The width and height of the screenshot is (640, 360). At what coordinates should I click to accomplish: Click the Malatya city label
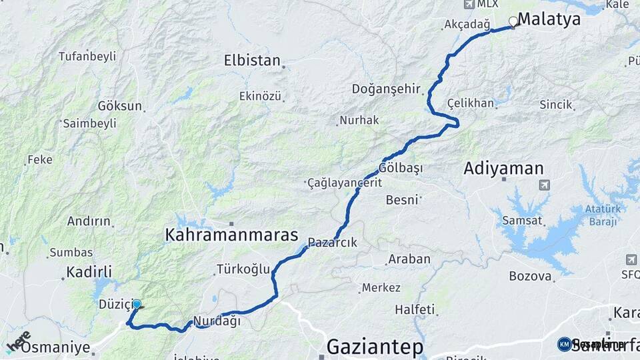pyautogui.click(x=549, y=19)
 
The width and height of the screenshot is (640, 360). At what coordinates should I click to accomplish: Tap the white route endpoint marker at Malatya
pyautogui.click(x=513, y=21)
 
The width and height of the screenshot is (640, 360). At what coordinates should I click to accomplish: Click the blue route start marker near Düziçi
pyautogui.click(x=137, y=304)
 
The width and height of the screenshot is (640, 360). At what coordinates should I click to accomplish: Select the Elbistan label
pyautogui.click(x=252, y=61)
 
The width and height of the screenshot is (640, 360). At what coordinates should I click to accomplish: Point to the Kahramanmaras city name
pyautogui.click(x=231, y=235)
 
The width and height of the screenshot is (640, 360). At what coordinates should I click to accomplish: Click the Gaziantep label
pyautogui.click(x=375, y=347)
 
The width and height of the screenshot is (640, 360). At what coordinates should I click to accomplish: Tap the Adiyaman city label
pyautogui.click(x=503, y=169)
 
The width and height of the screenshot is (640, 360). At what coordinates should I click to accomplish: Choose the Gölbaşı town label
pyautogui.click(x=401, y=168)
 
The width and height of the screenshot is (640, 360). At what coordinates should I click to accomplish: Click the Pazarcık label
pyautogui.click(x=333, y=243)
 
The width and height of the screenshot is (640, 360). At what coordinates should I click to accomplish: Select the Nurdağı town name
pyautogui.click(x=217, y=321)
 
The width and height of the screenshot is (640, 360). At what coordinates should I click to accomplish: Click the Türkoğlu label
pyautogui.click(x=243, y=269)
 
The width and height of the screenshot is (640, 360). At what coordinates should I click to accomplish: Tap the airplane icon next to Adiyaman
pyautogui.click(x=545, y=185)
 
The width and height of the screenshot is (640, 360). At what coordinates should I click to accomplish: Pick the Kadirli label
pyautogui.click(x=89, y=272)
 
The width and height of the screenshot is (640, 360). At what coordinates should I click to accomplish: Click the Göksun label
pyautogui.click(x=120, y=106)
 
